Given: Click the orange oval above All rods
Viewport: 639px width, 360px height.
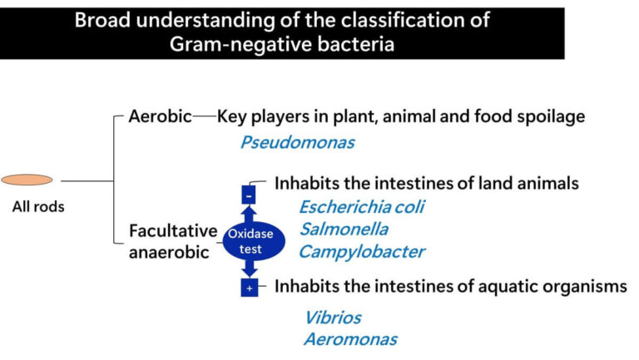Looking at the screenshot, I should pos(27,180).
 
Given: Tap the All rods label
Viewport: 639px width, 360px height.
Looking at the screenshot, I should pos(38,207).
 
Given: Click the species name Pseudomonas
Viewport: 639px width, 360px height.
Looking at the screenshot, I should pos(297,142).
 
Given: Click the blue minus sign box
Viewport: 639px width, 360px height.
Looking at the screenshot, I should pos(249,195).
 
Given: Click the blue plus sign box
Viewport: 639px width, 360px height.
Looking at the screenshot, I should pos(250,288).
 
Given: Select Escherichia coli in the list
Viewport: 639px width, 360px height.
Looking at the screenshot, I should pos(361,207).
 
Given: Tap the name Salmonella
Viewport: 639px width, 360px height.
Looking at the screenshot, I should pos(344,229).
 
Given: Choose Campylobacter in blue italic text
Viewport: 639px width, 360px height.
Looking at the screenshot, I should pos(362,252).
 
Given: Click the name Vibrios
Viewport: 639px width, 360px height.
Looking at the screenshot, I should pos(332,317).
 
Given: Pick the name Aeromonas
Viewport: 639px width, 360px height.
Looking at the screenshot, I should pos(350,339).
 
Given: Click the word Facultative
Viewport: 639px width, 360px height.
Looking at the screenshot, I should pos(172,231).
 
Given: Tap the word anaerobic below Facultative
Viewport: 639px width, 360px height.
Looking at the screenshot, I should pos(169,253).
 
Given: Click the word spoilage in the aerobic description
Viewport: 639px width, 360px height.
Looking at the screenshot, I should pos(552,116).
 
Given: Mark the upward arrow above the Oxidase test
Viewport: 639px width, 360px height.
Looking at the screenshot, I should pos(249,215).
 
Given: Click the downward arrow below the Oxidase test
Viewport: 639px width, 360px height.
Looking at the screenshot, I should pos(250,269).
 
